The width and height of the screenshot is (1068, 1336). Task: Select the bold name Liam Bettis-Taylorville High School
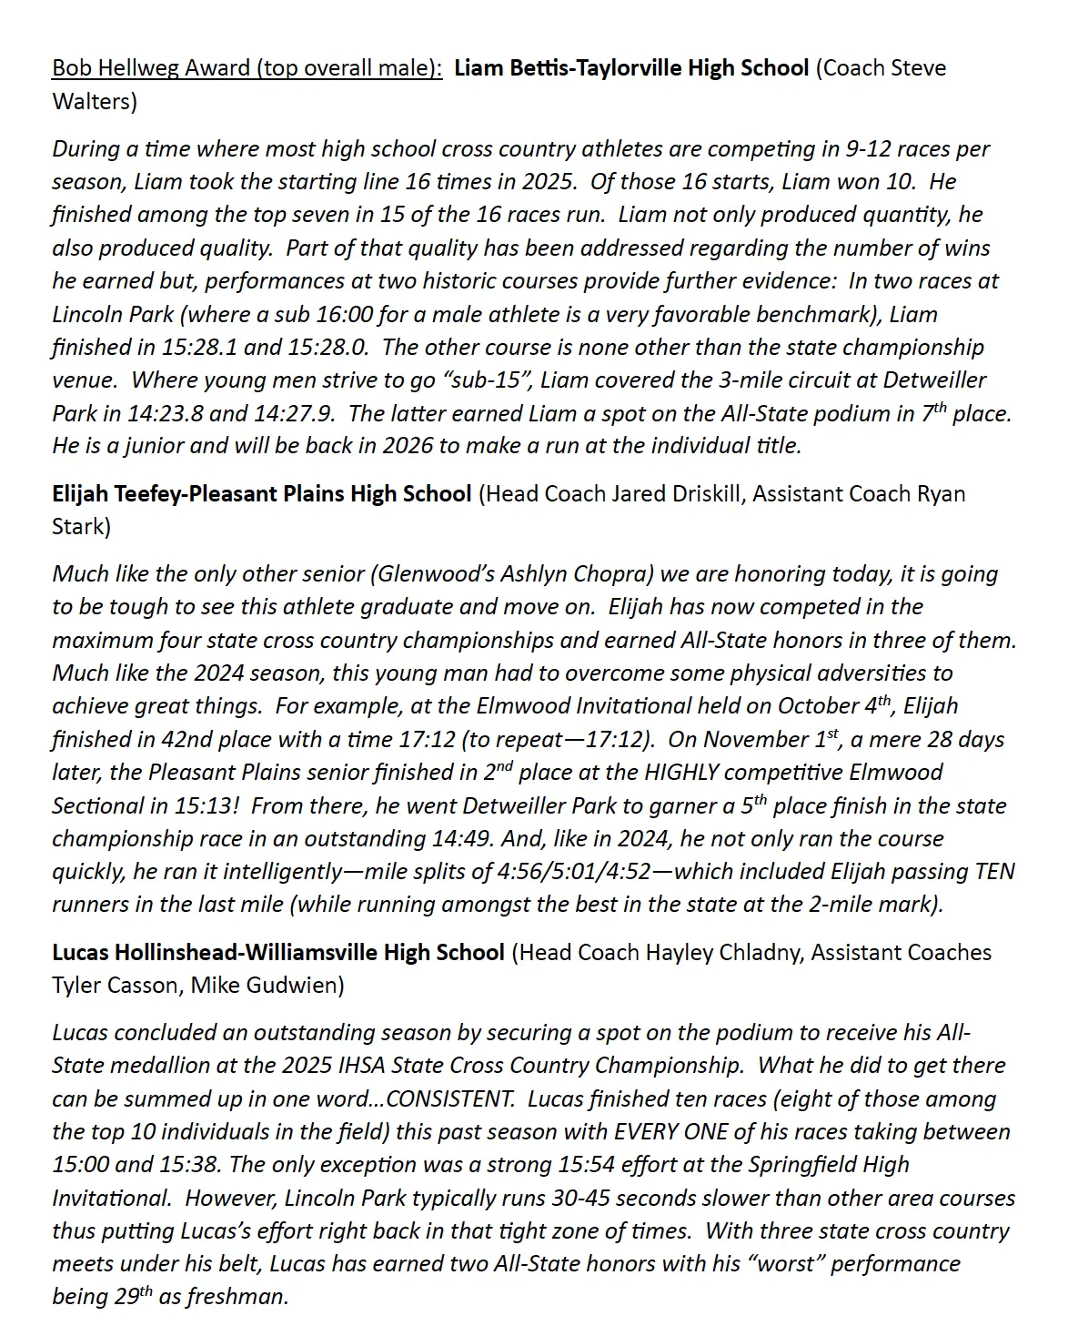[x=630, y=68]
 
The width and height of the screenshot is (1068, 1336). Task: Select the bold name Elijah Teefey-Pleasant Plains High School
[x=262, y=494]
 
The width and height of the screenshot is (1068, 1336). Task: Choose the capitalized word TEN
[x=994, y=872]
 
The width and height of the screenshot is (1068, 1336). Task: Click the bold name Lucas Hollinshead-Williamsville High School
[x=278, y=953]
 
